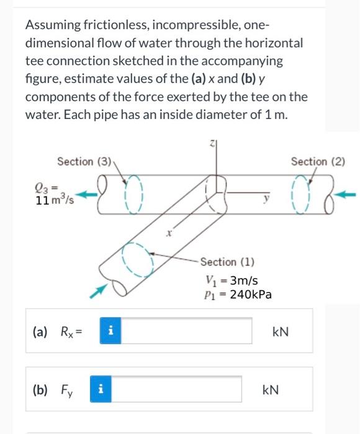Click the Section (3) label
tap(84, 162)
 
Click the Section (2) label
tap(317, 162)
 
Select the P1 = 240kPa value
tap(233, 294)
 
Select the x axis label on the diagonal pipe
tap(168, 234)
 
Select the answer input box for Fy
tap(179, 390)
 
